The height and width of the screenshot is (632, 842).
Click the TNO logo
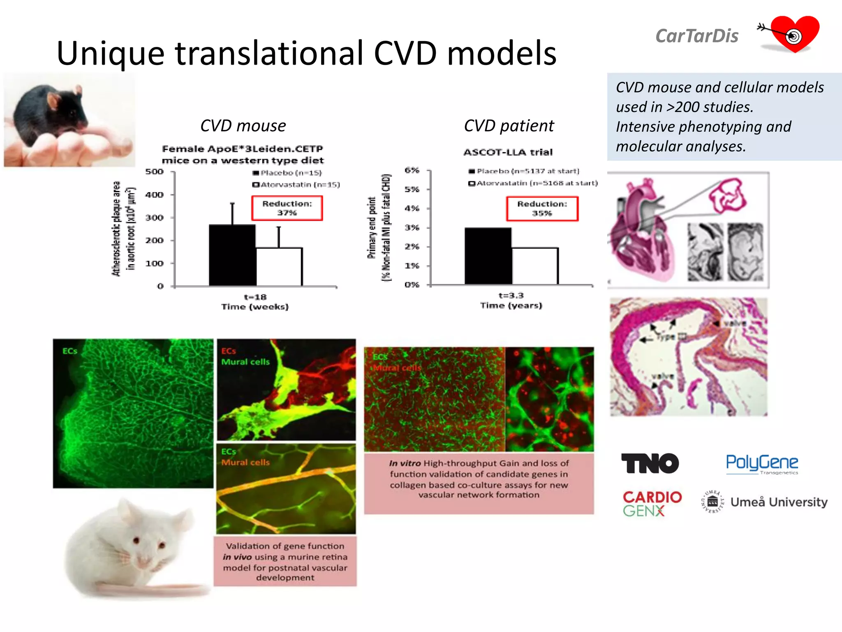650,463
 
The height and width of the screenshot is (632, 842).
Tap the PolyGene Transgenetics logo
762,464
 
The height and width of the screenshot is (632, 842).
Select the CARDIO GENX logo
652,503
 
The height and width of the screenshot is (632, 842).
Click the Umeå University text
779,502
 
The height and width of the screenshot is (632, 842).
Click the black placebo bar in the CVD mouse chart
232,255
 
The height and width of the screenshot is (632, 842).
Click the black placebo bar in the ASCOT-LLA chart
488,256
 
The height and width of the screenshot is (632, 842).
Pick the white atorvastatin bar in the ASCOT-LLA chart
535,266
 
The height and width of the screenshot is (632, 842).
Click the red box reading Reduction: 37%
287,208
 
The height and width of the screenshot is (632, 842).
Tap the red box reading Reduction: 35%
542,209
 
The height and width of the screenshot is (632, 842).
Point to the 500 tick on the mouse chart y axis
154,172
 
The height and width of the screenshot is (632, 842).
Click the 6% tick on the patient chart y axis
412,170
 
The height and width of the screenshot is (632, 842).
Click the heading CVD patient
509,126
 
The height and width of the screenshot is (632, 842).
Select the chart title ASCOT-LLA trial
508,152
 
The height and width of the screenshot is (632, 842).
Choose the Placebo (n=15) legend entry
287,173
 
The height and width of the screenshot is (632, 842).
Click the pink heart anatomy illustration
641,230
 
